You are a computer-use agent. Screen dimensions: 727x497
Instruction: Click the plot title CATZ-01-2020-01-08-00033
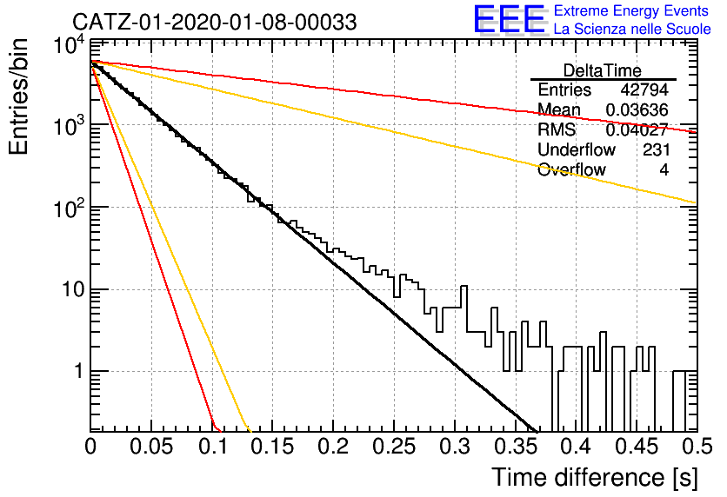[x=215, y=22]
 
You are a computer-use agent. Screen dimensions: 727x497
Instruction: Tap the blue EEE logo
[x=510, y=19]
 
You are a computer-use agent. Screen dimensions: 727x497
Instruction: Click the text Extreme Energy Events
[x=631, y=10]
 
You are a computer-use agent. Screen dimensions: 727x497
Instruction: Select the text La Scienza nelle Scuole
[x=632, y=29]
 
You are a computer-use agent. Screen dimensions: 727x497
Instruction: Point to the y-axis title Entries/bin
[x=18, y=96]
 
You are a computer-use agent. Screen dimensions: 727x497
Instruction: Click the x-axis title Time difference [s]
[x=595, y=478]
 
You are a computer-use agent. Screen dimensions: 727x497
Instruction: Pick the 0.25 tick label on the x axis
[x=394, y=447]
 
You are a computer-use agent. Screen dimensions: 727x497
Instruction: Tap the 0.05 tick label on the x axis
[x=151, y=447]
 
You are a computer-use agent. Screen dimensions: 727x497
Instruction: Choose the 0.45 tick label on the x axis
[x=637, y=447]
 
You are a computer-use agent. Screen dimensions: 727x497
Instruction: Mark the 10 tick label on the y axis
[x=73, y=290]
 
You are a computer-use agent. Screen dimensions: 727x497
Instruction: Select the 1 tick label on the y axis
[x=79, y=372]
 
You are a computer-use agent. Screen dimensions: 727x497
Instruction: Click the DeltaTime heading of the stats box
[x=603, y=70]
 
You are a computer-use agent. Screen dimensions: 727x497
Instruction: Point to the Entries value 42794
[x=644, y=89]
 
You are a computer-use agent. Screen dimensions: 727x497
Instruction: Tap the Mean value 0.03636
[x=637, y=110]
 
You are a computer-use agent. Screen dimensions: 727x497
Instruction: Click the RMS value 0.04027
[x=637, y=130]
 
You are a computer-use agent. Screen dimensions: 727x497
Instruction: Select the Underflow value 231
[x=656, y=150]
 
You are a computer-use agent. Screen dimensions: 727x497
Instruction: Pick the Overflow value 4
[x=664, y=170]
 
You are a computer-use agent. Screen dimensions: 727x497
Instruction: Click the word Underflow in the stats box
[x=577, y=150]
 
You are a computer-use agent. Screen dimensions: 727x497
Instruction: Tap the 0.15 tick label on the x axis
[x=273, y=447]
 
